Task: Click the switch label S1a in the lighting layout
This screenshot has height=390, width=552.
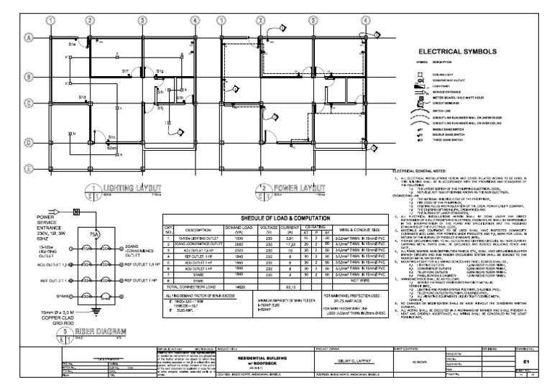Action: tap(72, 45)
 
